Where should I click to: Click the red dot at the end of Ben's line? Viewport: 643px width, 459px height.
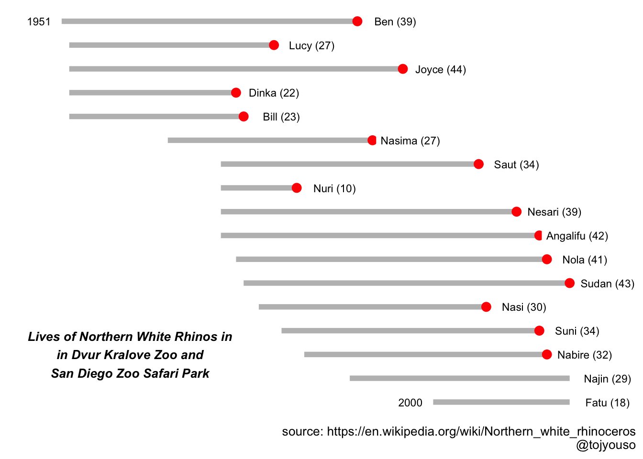[357, 21]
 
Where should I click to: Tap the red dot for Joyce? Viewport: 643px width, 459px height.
[403, 69]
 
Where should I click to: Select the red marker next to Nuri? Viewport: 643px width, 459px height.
[297, 188]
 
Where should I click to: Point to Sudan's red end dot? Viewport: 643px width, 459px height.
[569, 283]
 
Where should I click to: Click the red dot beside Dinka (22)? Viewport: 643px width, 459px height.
[236, 93]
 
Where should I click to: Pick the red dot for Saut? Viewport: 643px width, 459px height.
[478, 164]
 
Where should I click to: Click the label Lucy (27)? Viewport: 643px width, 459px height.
[311, 45]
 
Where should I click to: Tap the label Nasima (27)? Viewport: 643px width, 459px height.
[410, 141]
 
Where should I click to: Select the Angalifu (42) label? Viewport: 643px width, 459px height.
[577, 236]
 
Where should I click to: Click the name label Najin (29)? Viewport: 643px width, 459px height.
[607, 379]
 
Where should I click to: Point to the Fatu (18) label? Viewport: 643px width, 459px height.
[607, 403]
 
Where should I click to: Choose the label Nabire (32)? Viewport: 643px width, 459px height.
[584, 355]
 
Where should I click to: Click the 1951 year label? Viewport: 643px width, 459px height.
[39, 22]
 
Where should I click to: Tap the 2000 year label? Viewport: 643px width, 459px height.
[410, 403]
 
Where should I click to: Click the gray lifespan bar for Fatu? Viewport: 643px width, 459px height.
[501, 402]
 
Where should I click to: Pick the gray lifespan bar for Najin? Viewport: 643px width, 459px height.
[459, 378]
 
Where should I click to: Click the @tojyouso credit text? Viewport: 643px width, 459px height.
[606, 445]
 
